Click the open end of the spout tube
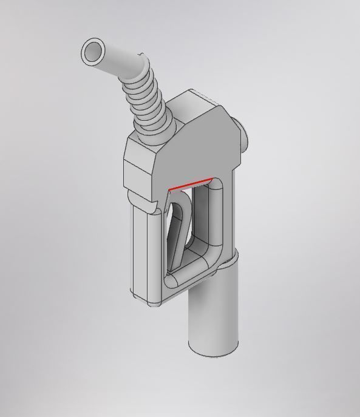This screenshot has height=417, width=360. point(93,52)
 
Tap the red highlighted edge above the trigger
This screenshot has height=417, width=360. point(191,185)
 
